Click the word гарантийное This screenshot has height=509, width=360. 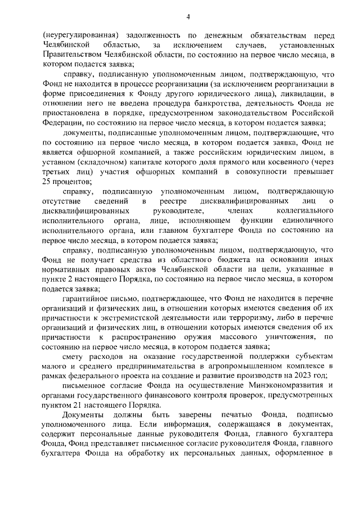click(x=86, y=303)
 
